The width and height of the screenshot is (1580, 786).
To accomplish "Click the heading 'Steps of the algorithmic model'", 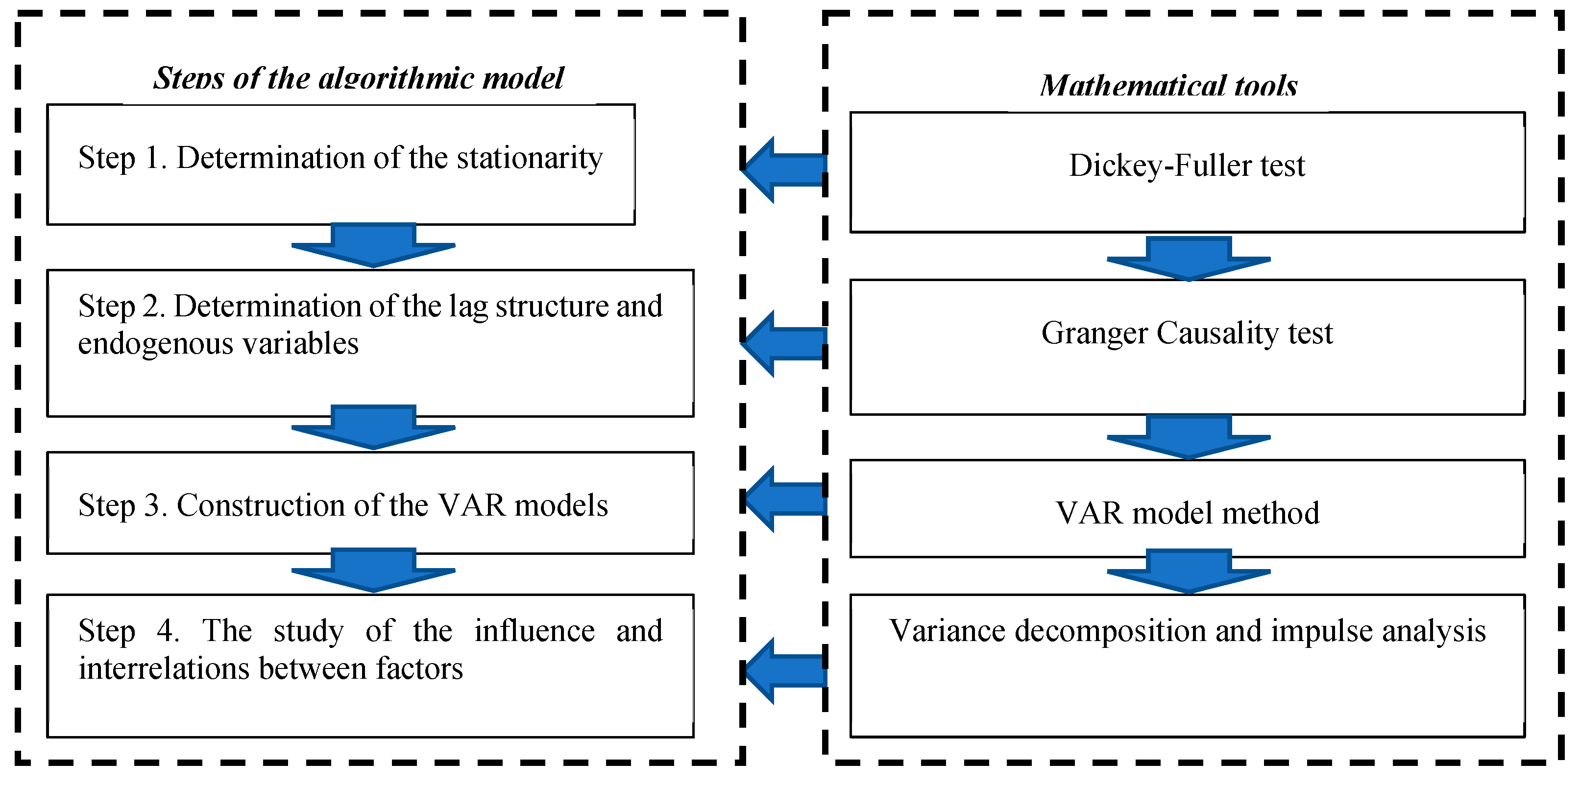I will click(358, 78).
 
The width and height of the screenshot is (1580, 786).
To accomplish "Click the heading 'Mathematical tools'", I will click(1168, 86).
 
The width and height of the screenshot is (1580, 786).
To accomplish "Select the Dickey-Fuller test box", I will click(1187, 172).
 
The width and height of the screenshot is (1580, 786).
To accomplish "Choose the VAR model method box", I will click(1187, 509).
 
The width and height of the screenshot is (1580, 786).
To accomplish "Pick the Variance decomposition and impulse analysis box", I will click(1187, 665).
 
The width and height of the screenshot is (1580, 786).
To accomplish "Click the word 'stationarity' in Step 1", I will click(530, 158).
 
